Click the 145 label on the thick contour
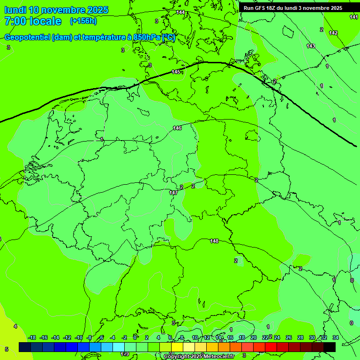coord(176,72)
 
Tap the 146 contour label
coord(177,128)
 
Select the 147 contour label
coord(173,193)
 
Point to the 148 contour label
coord(214,241)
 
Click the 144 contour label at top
coord(180,12)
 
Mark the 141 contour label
coord(354,17)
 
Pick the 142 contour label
coord(333,33)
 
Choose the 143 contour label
coord(311,46)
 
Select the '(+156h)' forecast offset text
coord(83,21)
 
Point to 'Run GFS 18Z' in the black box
coord(262,8)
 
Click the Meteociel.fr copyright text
coord(199,356)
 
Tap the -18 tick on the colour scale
coord(32,337)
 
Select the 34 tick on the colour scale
coord(336,337)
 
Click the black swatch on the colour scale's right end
coord(329,347)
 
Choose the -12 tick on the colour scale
coord(67,337)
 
